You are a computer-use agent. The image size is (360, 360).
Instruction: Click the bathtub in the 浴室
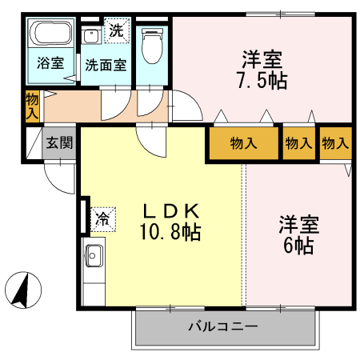(x=50, y=36)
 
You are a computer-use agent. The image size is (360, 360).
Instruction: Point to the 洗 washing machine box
(x=117, y=32)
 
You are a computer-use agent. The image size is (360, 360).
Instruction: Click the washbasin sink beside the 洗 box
(x=91, y=37)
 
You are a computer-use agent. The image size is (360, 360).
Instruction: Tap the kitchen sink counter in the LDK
(x=92, y=258)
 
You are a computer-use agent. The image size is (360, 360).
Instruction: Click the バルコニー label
(x=222, y=326)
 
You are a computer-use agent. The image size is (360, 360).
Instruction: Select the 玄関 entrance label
(x=58, y=144)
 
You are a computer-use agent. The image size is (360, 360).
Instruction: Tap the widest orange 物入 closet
(x=242, y=144)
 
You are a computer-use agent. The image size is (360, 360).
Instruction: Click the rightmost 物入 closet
(x=336, y=144)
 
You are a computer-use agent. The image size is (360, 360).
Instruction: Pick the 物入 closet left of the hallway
(x=32, y=106)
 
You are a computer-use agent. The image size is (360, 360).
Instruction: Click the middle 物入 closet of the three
(x=298, y=144)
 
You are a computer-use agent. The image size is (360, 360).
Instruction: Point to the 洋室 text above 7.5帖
(x=263, y=59)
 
